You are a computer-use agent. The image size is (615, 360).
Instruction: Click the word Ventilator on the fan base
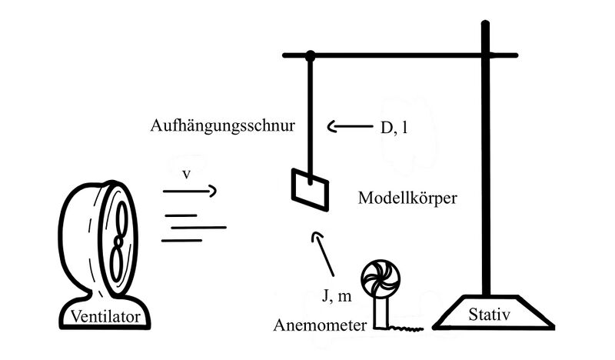click(x=105, y=316)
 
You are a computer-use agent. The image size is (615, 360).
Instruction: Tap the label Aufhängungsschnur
click(x=222, y=126)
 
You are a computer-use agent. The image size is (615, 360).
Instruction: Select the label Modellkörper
click(x=407, y=198)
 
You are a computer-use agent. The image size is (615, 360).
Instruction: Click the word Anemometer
click(x=320, y=325)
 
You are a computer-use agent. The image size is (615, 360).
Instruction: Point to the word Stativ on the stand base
click(x=489, y=315)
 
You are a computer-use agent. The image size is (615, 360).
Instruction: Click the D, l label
click(x=394, y=127)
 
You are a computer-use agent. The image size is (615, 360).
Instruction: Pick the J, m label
click(x=337, y=295)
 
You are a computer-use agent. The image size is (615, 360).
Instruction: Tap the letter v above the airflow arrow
click(x=186, y=174)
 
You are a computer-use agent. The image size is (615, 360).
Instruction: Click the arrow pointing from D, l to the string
click(x=350, y=126)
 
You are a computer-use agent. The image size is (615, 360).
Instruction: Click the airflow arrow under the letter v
click(x=190, y=192)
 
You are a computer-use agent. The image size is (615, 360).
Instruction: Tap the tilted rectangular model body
click(x=310, y=190)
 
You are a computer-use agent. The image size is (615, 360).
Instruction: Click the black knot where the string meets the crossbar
click(x=311, y=55)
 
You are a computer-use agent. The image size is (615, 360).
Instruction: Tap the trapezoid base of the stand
click(x=494, y=312)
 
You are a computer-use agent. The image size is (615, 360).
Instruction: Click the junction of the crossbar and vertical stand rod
click(x=486, y=55)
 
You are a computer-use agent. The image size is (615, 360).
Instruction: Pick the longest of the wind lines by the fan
click(x=198, y=227)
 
